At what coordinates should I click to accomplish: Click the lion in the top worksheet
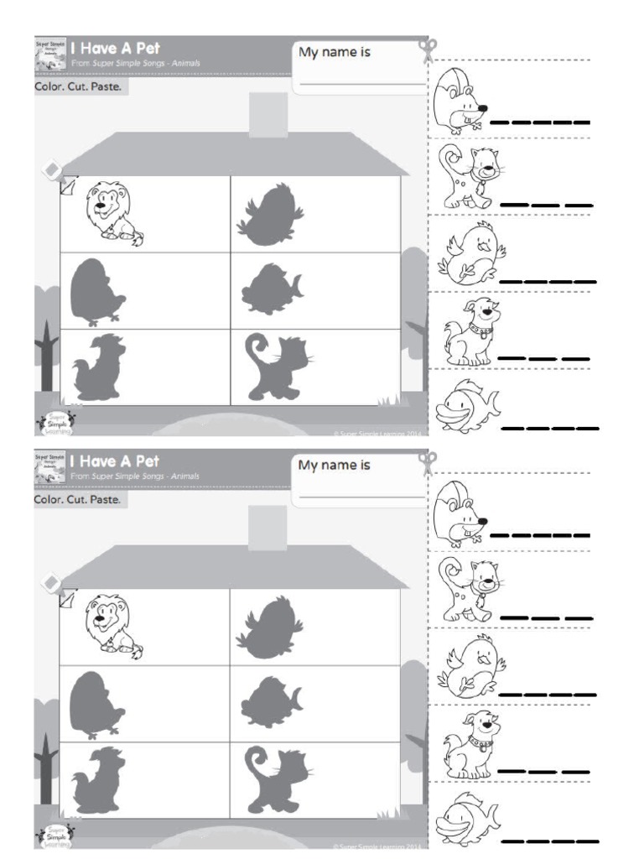click(x=112, y=213)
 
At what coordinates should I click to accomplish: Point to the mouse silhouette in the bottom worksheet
click(x=97, y=703)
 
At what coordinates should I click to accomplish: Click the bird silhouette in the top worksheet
click(x=269, y=216)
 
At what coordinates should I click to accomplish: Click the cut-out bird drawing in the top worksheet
click(x=470, y=252)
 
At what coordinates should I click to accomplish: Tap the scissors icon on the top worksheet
click(x=428, y=49)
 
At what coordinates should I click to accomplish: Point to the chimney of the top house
click(x=268, y=115)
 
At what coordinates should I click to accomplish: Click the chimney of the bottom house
click(x=268, y=528)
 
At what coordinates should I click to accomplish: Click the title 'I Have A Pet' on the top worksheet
click(x=115, y=49)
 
